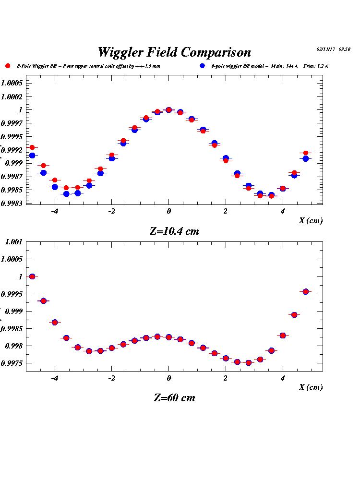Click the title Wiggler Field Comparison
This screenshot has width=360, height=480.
pos(174,52)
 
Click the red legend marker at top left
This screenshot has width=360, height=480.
pos(8,66)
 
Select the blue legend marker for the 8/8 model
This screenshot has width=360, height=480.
pos(203,66)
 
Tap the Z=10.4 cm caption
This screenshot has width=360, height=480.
pos(174,231)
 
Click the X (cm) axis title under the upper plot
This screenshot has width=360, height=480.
pos(311,220)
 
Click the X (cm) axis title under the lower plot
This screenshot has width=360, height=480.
pos(311,387)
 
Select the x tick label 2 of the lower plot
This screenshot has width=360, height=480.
pos(226,378)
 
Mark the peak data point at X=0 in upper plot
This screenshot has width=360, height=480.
pos(168,110)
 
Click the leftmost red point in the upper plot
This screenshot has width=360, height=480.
pos(32,147)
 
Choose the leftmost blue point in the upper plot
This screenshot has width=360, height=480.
pos(32,156)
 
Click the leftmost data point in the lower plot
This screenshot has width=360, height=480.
pos(32,276)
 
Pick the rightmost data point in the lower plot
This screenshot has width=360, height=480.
pos(305,291)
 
